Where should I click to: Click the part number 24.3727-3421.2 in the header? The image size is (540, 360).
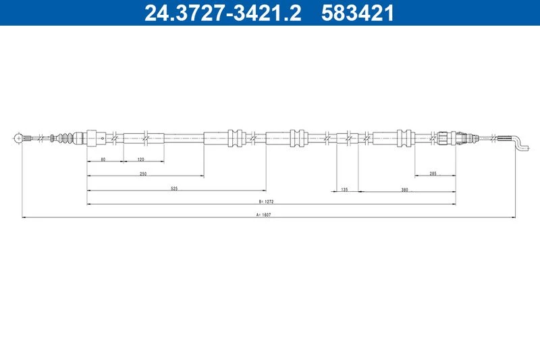pos(223,13)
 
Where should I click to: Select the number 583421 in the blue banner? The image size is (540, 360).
pos(357,13)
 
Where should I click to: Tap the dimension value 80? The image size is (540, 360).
pos(103,159)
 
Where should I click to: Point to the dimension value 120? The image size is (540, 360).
pos(141,159)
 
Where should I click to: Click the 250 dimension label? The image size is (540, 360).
pos(143,174)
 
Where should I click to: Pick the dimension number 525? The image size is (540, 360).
pos(175,188)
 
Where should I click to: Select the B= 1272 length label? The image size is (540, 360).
pos(266,201)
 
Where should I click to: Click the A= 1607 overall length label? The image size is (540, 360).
pos(263,215)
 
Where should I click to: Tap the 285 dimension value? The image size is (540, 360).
pos(433,174)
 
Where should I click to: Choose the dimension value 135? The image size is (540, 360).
pos(344,189)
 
